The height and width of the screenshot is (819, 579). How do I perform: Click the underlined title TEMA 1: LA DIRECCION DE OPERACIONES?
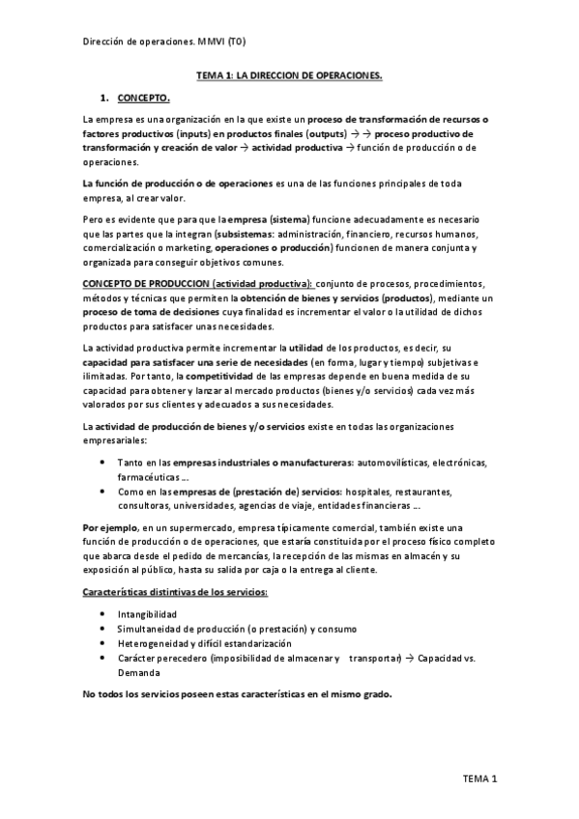click(x=289, y=74)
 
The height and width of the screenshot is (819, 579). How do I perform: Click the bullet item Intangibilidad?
click(x=146, y=613)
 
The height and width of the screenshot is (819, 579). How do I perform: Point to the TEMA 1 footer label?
click(x=478, y=778)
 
